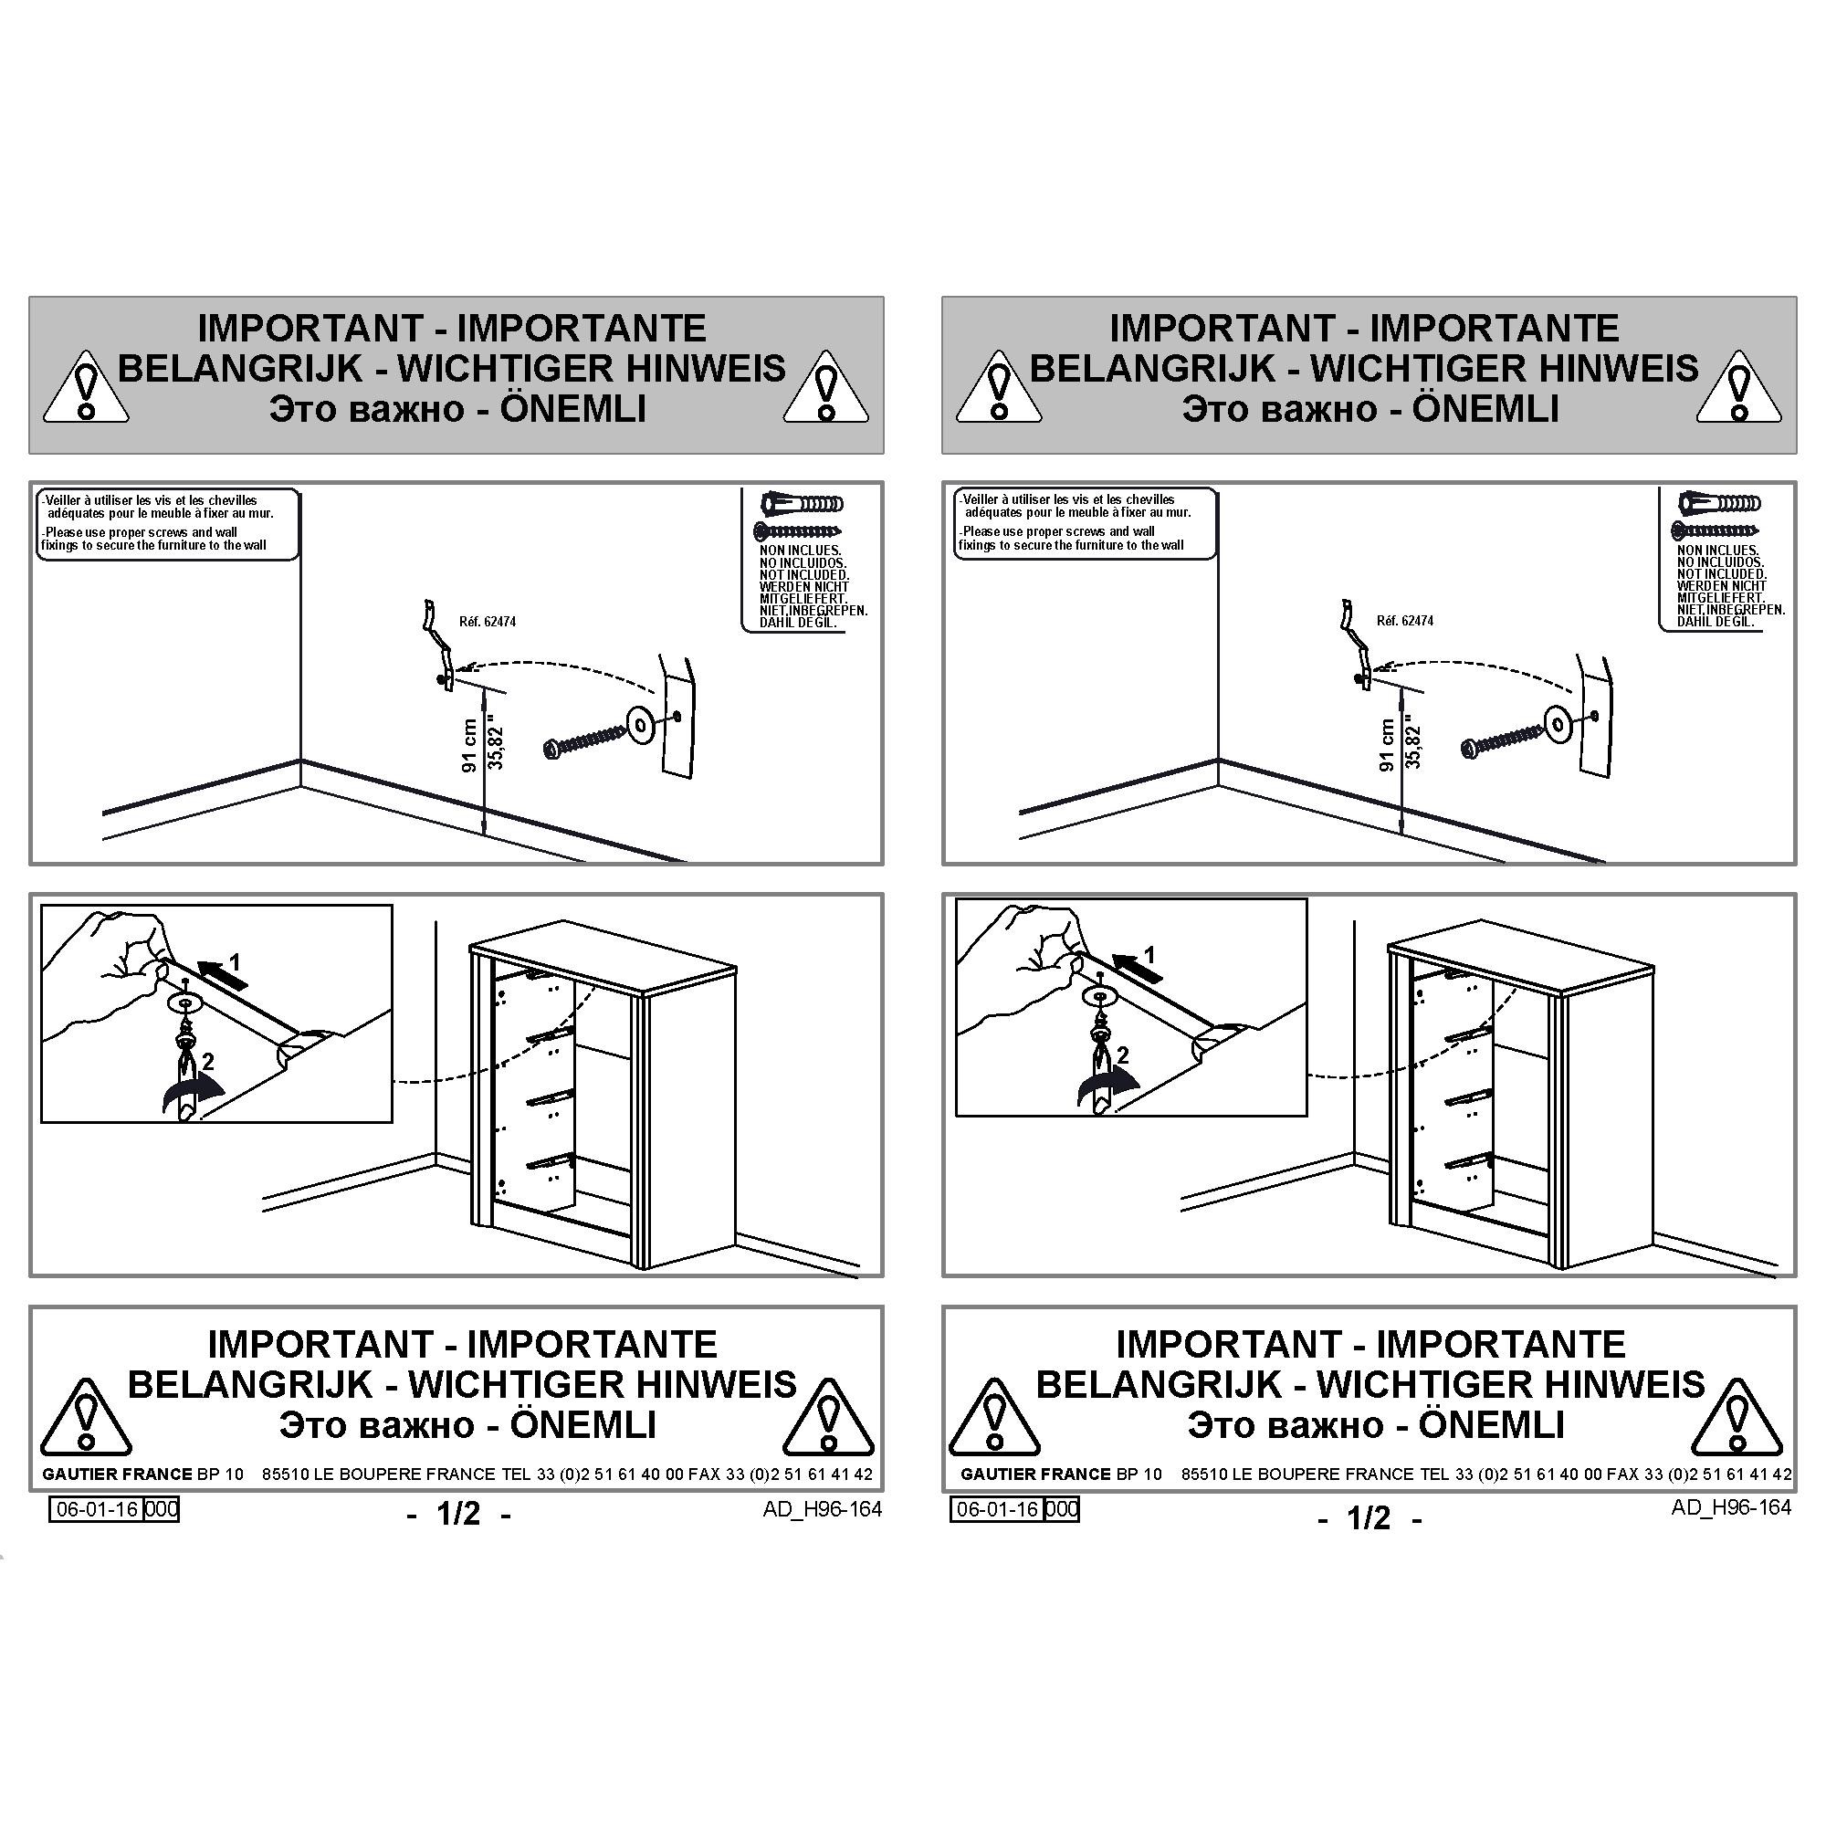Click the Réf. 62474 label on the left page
tap(488, 622)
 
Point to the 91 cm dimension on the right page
tap(1388, 745)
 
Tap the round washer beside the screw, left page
tap(643, 725)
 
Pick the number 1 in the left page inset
tap(235, 962)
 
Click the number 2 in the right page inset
tap(1123, 1055)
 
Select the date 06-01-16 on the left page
tap(98, 1509)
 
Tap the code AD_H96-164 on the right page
tap(1730, 1507)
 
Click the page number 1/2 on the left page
tap(458, 1514)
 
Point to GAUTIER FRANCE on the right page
tap(1035, 1474)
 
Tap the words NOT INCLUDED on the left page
tap(804, 574)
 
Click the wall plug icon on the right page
tap(1719, 503)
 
